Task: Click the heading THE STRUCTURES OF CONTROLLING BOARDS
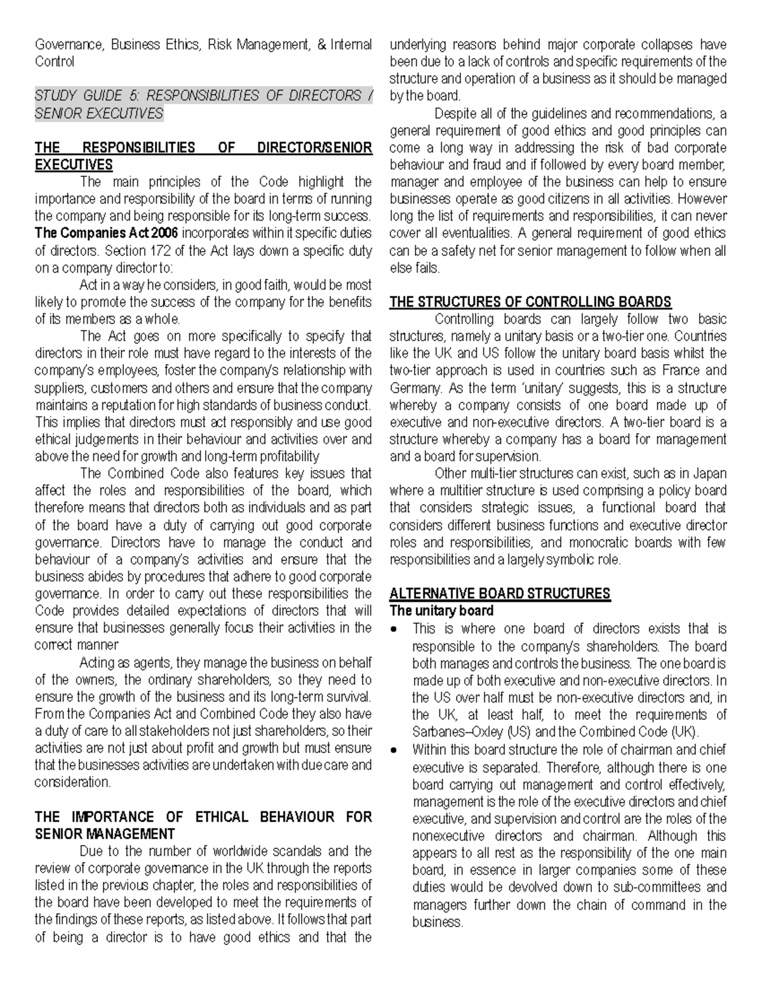(530, 302)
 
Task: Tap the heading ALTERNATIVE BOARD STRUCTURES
(500, 594)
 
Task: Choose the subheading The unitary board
(441, 611)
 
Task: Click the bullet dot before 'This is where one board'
(395, 629)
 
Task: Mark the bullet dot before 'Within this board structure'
(395, 750)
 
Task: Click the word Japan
(709, 473)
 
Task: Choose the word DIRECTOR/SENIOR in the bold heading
(314, 148)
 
